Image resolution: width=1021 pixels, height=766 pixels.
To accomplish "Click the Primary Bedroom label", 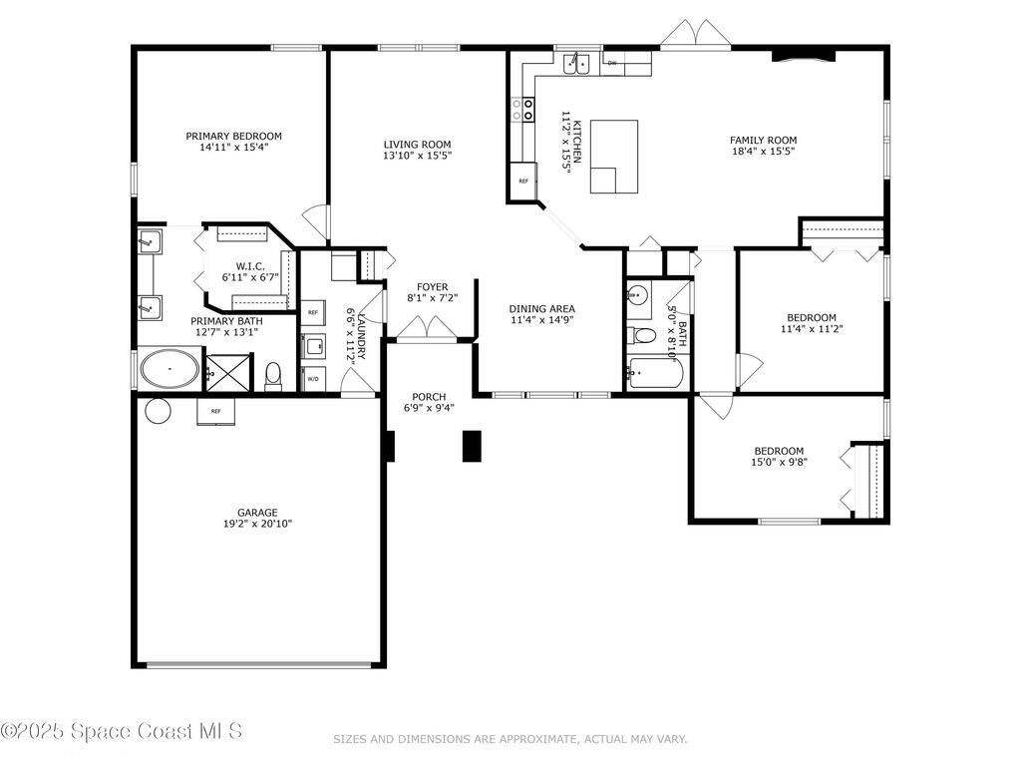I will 233,136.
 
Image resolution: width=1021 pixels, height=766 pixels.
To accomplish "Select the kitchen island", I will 614,156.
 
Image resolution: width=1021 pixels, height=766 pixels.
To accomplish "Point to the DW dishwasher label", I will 611,63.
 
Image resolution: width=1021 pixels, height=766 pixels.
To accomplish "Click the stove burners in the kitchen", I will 521,109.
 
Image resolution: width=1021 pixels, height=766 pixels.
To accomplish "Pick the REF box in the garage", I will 215,410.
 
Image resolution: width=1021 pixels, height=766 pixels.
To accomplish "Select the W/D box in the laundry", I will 313,379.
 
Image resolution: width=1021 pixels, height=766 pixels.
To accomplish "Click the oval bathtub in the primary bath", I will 170,370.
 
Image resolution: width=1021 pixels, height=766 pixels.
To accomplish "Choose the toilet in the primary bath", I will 273,376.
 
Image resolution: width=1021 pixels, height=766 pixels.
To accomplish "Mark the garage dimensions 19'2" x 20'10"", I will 257,524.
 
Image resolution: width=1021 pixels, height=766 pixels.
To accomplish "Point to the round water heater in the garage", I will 158,410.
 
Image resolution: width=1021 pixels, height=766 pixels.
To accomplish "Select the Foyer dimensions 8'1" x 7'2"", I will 432,297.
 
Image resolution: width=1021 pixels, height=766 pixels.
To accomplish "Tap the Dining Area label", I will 542,308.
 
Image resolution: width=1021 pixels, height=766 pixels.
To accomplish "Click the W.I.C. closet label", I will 248,266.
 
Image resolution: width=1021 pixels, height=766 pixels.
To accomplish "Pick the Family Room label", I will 763,141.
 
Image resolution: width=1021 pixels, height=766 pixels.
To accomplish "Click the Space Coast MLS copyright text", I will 121,731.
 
